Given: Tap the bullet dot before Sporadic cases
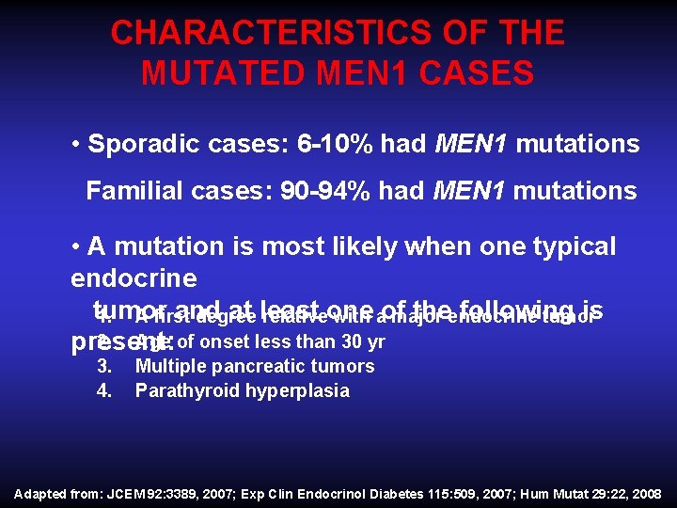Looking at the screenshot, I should pos(75,145).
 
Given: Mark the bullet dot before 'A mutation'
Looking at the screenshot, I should pos(75,247).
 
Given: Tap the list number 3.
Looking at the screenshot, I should pos(104,366).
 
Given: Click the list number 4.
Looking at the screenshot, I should pos(104,390).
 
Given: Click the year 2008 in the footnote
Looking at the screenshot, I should pos(646,493).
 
